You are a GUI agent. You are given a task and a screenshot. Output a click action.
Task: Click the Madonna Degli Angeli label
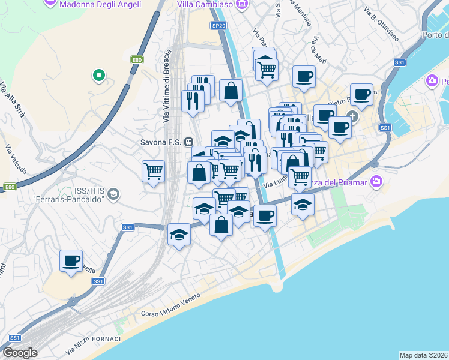coord(101,4)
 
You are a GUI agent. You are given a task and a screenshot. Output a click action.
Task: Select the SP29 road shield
coord(218,25)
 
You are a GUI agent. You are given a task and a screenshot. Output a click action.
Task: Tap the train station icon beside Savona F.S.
coord(188,142)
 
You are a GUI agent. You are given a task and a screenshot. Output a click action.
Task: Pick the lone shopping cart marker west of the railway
coord(154,171)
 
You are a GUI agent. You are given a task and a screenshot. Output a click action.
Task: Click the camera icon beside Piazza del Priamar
coord(376,181)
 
